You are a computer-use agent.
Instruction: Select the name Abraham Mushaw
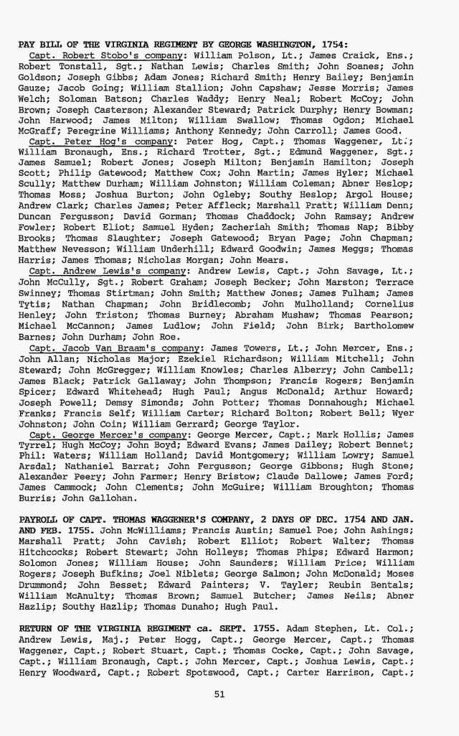[x=278, y=314]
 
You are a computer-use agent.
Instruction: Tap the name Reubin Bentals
[x=376, y=584]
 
